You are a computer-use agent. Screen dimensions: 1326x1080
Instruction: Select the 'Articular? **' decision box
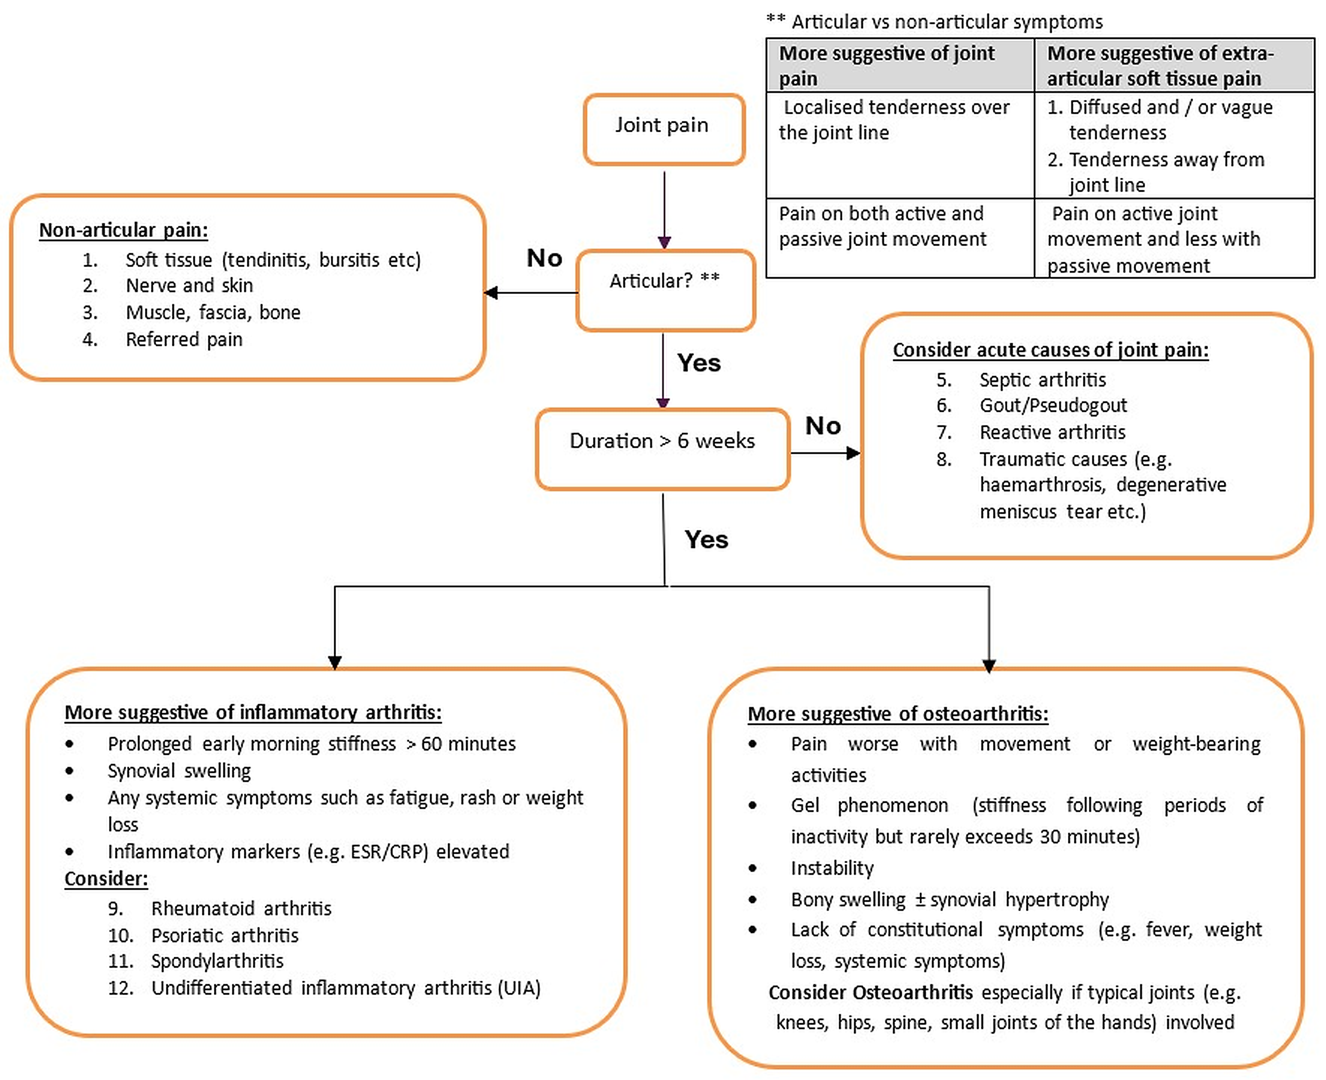click(665, 290)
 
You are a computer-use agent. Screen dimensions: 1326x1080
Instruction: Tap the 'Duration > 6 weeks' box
click(663, 449)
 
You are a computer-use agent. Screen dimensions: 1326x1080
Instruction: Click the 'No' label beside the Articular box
click(545, 258)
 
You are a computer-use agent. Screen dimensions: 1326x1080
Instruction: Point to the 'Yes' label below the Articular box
click(699, 363)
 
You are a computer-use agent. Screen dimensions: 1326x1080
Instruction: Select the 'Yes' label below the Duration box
click(706, 539)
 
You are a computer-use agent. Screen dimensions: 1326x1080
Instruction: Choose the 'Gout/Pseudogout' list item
click(1053, 406)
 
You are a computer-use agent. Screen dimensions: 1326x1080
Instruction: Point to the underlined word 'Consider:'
click(106, 879)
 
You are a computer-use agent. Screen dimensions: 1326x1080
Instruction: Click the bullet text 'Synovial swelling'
click(179, 771)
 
